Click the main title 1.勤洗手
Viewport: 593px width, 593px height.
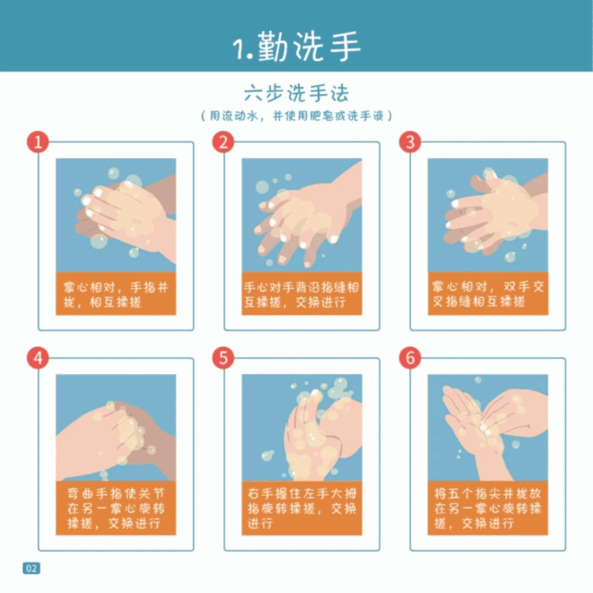pyautogui.click(x=296, y=46)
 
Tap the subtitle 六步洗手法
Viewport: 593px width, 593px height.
pyautogui.click(x=296, y=93)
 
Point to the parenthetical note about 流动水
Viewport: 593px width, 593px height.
pyautogui.click(x=296, y=115)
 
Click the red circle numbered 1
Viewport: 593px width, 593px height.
pyautogui.click(x=38, y=142)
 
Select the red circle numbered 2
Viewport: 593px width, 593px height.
pyautogui.click(x=223, y=142)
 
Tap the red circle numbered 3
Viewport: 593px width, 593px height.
pyautogui.click(x=410, y=142)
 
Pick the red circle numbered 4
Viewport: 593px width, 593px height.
pyautogui.click(x=38, y=357)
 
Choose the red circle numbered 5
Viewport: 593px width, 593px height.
pyautogui.click(x=223, y=357)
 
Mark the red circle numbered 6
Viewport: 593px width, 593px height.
pyautogui.click(x=410, y=357)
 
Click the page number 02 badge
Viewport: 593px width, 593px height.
pyautogui.click(x=32, y=568)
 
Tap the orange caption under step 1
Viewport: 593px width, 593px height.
pyautogui.click(x=115, y=293)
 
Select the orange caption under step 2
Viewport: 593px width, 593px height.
pyautogui.click(x=302, y=293)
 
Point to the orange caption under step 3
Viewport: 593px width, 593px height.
pyautogui.click(x=488, y=293)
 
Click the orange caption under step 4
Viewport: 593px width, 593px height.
pyautogui.click(x=115, y=508)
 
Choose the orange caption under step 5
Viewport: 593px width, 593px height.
pyautogui.click(x=302, y=508)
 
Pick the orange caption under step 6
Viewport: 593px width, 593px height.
pyautogui.click(x=488, y=508)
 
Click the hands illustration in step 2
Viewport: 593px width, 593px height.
pyautogui.click(x=302, y=215)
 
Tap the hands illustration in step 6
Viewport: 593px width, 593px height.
pyautogui.click(x=488, y=428)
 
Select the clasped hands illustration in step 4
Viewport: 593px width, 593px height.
pyautogui.click(x=115, y=428)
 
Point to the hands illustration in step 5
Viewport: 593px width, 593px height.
pyautogui.click(x=302, y=428)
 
